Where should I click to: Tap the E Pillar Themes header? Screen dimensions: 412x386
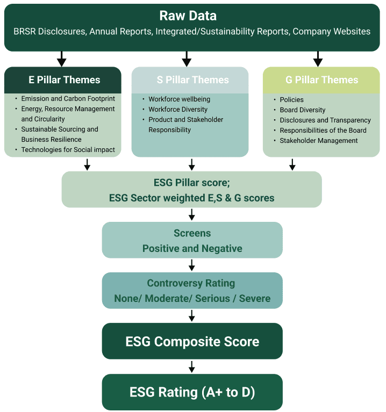coord(64,80)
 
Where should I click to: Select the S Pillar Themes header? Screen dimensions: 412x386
coord(192,80)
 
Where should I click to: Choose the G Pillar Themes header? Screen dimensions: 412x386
coord(321,80)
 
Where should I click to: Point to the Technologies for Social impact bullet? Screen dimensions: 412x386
coord(68,150)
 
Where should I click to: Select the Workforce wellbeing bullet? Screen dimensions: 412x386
coord(179,99)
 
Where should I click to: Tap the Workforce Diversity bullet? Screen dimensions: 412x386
coord(177,110)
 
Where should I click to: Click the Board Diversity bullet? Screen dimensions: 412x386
coord(302,110)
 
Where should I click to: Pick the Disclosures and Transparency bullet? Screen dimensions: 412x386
coord(325,120)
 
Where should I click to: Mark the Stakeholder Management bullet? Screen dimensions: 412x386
coord(318,141)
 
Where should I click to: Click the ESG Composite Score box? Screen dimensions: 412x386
coord(192,342)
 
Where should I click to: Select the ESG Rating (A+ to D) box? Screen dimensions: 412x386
coord(192,392)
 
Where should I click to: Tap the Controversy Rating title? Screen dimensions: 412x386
coord(191,283)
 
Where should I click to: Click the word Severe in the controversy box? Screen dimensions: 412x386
coord(255,298)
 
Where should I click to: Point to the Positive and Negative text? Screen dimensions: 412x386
coord(192,249)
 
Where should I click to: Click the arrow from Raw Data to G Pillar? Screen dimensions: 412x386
coord(318,59)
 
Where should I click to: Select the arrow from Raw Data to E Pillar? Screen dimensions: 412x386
coord(62,59)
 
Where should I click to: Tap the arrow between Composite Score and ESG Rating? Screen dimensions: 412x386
coord(192,366)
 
